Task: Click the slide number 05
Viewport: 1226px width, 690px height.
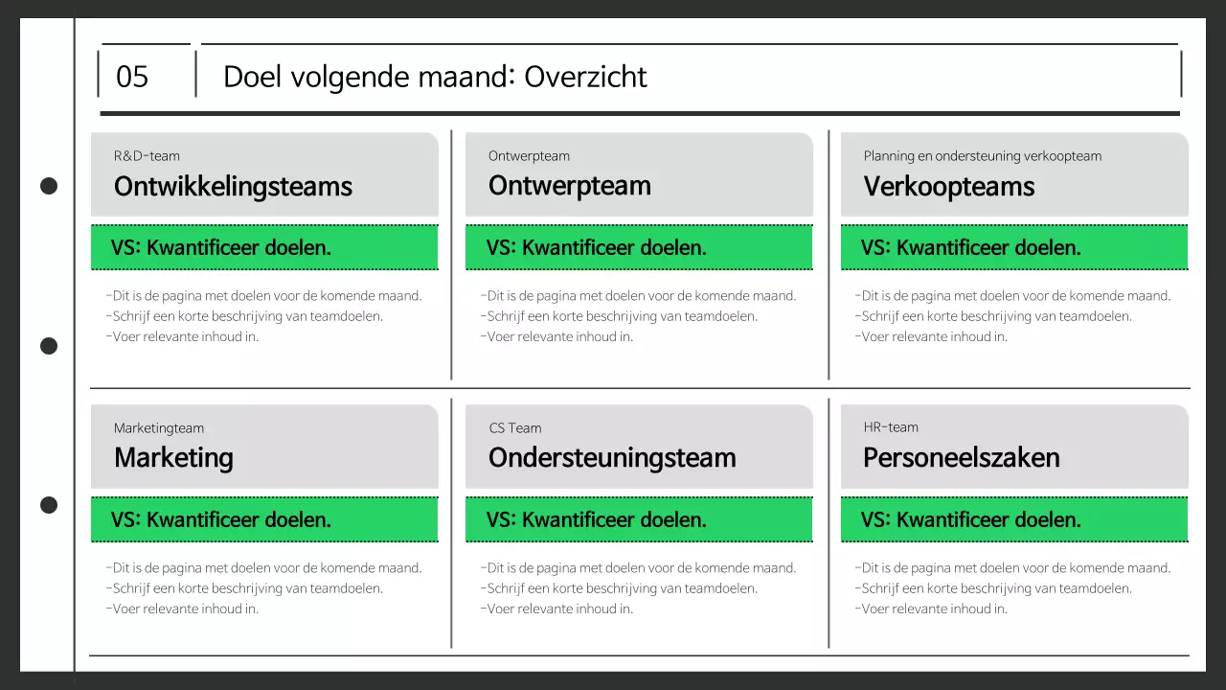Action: tap(132, 77)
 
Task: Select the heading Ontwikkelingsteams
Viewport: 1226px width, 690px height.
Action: tap(233, 186)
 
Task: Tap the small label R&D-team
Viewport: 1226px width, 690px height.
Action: tap(147, 156)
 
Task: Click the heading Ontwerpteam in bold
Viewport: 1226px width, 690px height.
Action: tap(569, 186)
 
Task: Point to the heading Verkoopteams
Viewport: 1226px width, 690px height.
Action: tap(948, 186)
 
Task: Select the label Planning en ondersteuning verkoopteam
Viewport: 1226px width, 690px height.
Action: tap(982, 156)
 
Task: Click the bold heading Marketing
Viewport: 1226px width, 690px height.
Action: tap(173, 458)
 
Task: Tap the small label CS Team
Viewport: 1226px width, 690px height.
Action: tap(514, 428)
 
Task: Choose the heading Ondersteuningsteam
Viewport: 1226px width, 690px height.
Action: tap(612, 458)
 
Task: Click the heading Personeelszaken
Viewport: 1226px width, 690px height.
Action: tap(961, 458)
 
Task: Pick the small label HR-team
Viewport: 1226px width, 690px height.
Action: tap(890, 427)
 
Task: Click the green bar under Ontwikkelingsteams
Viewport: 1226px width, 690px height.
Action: tap(264, 248)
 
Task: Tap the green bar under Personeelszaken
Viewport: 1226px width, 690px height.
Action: tap(1014, 520)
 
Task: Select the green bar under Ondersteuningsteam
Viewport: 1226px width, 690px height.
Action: tap(639, 520)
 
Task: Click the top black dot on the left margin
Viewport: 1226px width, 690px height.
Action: tap(49, 186)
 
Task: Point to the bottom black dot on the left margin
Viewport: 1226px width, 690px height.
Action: tap(49, 505)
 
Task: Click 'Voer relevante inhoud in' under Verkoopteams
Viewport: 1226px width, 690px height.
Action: tap(931, 336)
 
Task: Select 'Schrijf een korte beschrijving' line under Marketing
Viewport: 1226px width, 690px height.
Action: tap(244, 588)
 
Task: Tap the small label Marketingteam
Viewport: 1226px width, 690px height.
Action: tap(158, 428)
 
